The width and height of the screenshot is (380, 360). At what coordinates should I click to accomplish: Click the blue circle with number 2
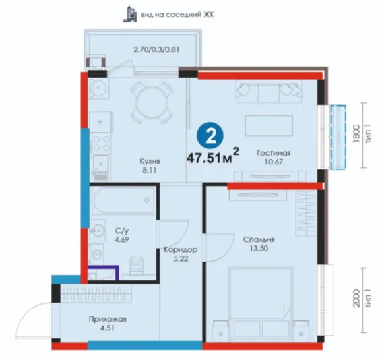click(x=210, y=136)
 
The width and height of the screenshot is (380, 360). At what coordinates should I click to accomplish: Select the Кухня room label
click(x=150, y=161)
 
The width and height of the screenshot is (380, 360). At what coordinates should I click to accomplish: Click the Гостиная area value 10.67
click(x=274, y=162)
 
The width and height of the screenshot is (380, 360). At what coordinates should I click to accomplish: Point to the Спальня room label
click(x=259, y=239)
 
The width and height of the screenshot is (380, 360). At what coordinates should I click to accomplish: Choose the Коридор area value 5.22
click(x=181, y=259)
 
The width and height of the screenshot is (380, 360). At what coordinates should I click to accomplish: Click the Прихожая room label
click(x=108, y=319)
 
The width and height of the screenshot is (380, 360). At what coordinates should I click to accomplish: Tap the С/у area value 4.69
click(x=122, y=239)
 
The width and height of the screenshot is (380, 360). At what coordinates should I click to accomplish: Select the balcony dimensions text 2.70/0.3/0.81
click(x=156, y=49)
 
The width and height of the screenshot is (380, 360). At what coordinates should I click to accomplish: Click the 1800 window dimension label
click(x=356, y=133)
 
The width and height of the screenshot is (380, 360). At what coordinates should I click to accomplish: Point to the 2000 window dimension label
click(x=356, y=298)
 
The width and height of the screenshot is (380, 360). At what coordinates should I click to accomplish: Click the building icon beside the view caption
click(x=130, y=13)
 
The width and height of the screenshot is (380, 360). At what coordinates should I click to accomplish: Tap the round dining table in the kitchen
click(x=152, y=102)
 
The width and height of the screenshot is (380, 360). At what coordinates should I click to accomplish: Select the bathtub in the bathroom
click(x=124, y=200)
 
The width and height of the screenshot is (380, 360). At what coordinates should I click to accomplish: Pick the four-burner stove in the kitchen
click(x=101, y=144)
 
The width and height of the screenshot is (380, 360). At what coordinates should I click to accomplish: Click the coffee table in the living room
click(x=269, y=125)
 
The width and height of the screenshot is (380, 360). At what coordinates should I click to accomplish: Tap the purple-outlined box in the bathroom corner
click(x=103, y=273)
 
